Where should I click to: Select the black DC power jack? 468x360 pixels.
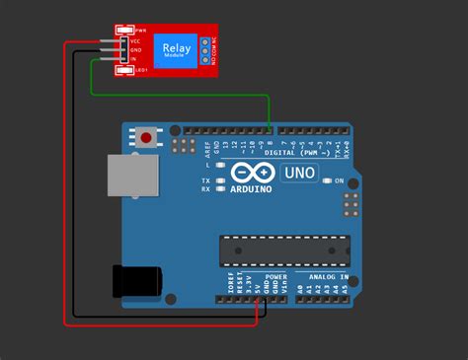135,282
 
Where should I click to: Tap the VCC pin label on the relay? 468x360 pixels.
135,41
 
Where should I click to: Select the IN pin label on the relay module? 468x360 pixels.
134,60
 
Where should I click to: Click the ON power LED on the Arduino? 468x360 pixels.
327,181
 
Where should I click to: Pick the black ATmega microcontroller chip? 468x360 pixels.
284,251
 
